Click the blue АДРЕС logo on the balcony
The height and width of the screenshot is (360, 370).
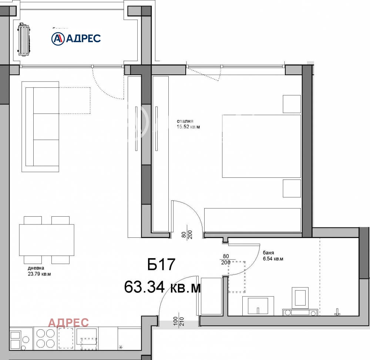coord(76,38)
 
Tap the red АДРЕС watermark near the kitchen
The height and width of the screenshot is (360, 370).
coord(68,323)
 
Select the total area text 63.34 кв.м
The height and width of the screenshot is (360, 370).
coord(162,286)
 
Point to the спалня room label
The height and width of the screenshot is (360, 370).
coord(185,121)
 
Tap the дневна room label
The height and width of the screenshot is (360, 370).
coord(36,268)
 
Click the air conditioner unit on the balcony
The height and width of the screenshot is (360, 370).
coord(25,39)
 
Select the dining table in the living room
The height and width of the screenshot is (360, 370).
coord(46,240)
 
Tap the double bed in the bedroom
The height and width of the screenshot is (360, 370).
coord(261,146)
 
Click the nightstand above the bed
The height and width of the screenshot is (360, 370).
coord(292,104)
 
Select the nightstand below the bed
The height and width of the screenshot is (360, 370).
coord(292,188)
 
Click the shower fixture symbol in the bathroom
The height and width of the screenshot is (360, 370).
coord(337,312)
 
